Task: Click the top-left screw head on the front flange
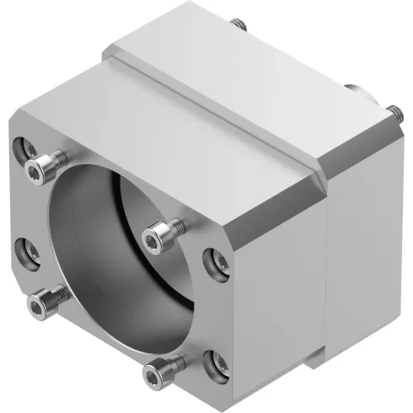click(x=36, y=172)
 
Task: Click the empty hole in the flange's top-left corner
click(x=24, y=147)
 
